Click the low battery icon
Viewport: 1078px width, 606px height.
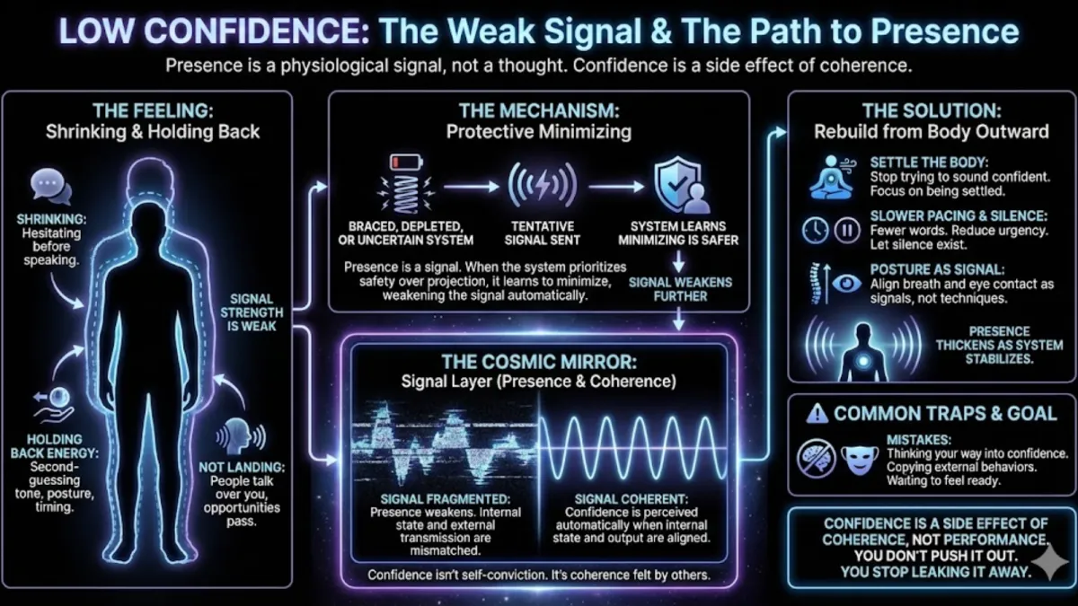pyautogui.click(x=399, y=164)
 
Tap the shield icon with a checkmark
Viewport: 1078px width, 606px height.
pyautogui.click(x=676, y=186)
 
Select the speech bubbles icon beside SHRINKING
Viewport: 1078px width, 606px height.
pyautogui.click(x=51, y=187)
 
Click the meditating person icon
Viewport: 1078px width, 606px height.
pyautogui.click(x=831, y=176)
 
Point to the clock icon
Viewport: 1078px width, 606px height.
pyautogui.click(x=815, y=231)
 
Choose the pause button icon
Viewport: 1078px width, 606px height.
pyautogui.click(x=847, y=231)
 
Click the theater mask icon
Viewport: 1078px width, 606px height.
pyautogui.click(x=857, y=458)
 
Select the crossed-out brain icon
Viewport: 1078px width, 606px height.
pyautogui.click(x=816, y=458)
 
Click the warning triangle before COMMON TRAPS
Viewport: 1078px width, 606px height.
pyautogui.click(x=817, y=414)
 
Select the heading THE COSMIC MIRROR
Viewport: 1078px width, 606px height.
pyautogui.click(x=539, y=363)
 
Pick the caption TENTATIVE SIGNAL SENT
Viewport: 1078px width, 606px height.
pyautogui.click(x=543, y=233)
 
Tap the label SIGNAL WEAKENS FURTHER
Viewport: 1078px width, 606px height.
pyautogui.click(x=681, y=289)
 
